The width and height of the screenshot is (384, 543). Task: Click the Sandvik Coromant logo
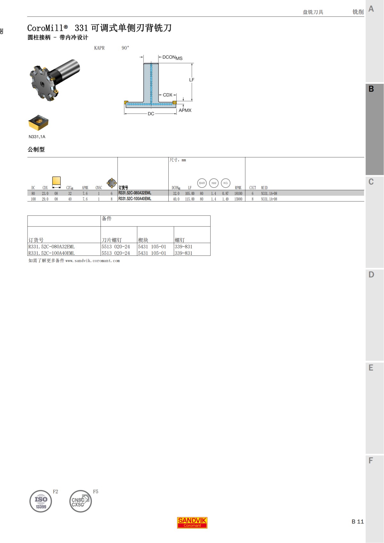192,523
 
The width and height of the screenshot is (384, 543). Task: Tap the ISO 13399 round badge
41,501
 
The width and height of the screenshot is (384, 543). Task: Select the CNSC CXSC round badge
80,501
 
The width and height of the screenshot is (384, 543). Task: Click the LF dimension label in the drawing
192,80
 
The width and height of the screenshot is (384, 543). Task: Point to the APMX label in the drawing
185,110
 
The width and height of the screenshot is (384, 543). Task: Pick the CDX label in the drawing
167,95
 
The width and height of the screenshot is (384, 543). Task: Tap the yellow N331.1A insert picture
38,122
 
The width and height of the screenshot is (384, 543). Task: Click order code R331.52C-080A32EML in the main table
135,193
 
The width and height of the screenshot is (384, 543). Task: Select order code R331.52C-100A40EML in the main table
135,199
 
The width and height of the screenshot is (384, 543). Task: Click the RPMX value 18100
238,193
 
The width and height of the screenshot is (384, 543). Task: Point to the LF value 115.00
190,199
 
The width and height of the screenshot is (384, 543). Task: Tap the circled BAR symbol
202,183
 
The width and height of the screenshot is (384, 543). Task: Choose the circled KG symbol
226,183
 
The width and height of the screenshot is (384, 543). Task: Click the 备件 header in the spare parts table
107,219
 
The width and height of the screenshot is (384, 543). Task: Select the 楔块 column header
143,240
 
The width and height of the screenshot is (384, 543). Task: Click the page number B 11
357,522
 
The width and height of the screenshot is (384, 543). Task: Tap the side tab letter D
371,275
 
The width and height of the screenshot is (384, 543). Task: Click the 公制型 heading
36,149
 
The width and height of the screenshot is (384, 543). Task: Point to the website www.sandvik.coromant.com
92,261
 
